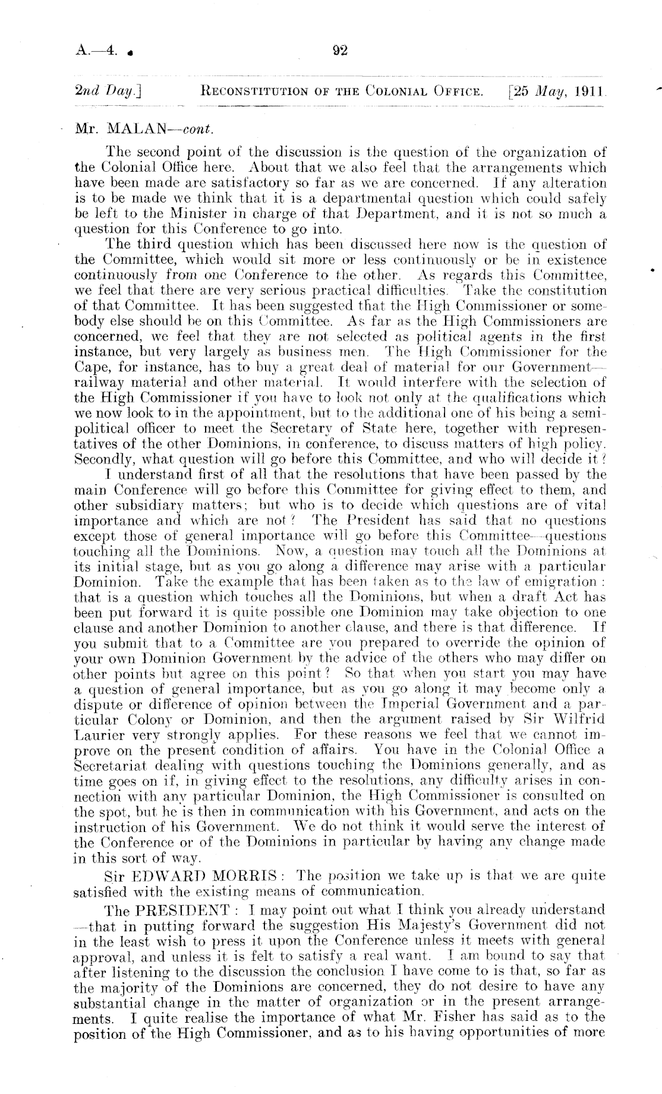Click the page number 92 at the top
click(339, 51)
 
